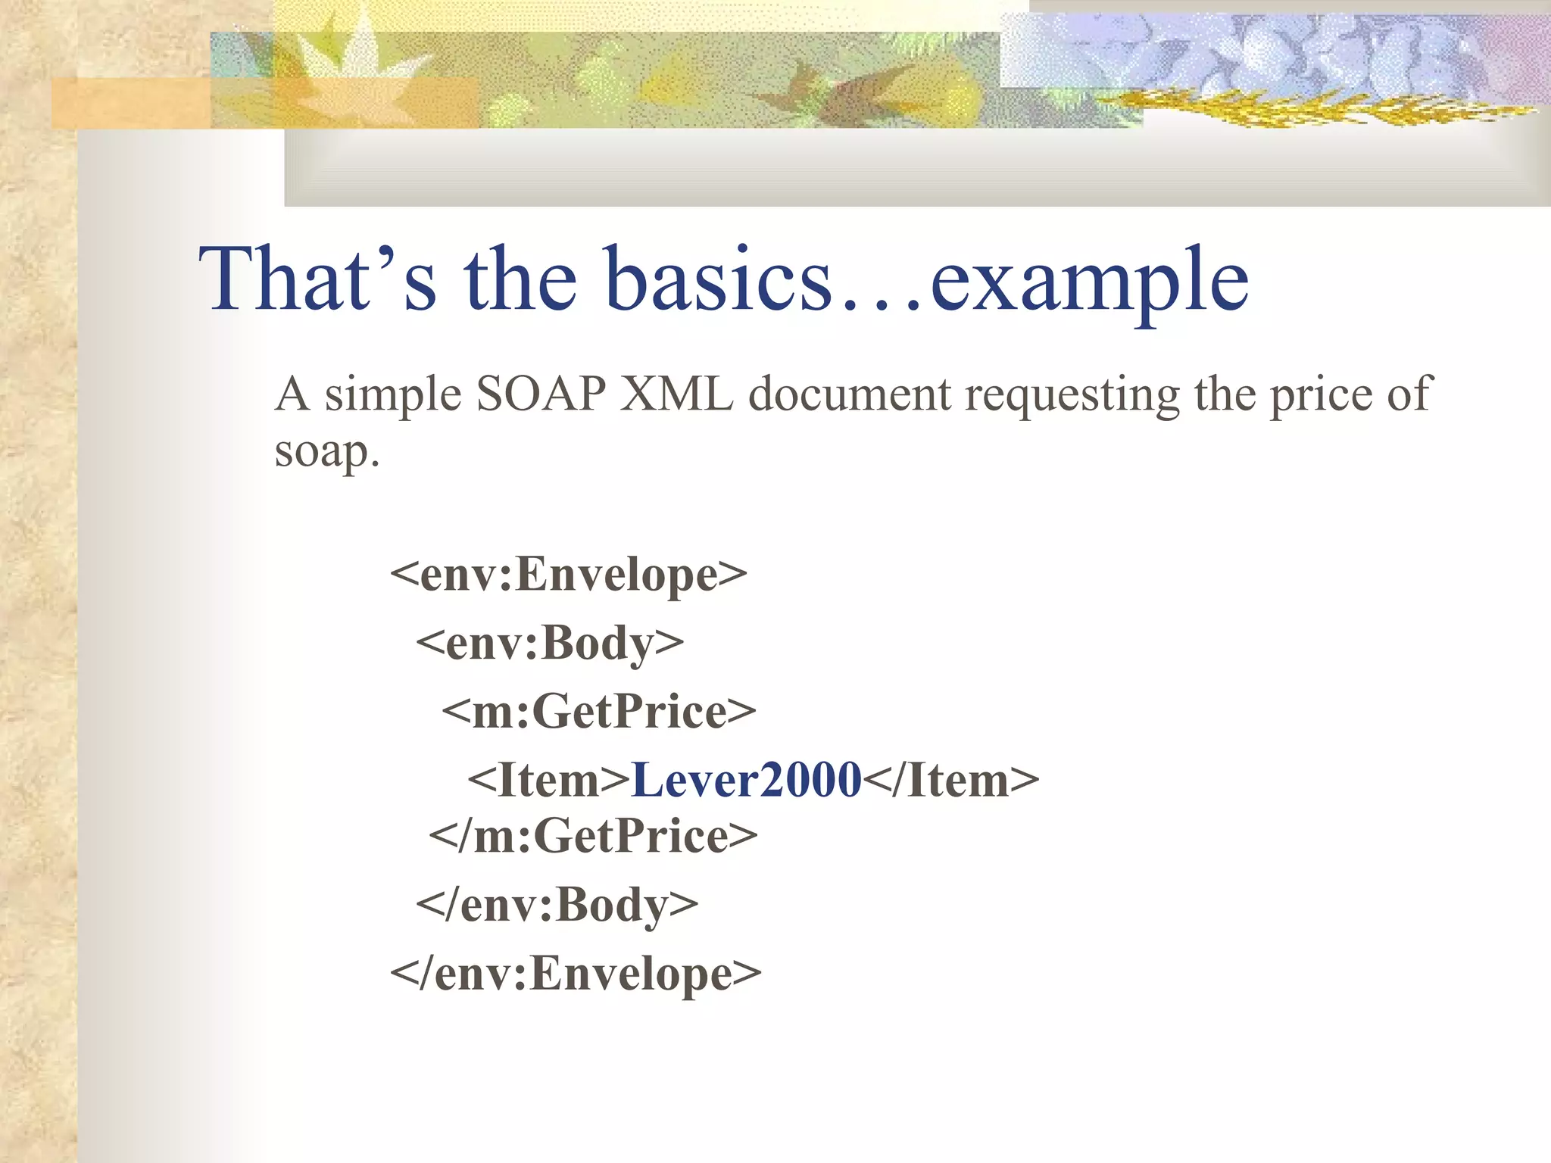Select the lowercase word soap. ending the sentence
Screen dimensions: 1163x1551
tap(326, 453)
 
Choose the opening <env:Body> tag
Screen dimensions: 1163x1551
tap(550, 643)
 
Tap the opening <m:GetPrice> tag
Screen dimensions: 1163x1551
tap(598, 712)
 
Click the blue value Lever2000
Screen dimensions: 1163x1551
tap(747, 780)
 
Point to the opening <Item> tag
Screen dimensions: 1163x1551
tap(549, 780)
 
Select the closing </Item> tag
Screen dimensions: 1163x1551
tap(951, 780)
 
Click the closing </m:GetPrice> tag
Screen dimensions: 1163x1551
tap(593, 836)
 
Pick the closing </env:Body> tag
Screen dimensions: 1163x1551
tap(557, 905)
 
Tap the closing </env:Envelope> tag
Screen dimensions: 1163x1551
tap(576, 974)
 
